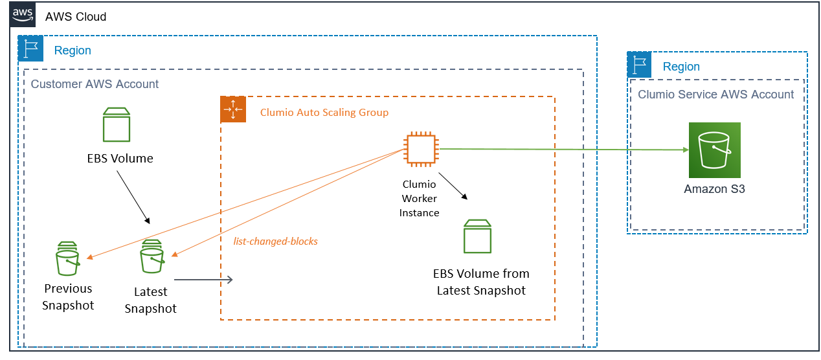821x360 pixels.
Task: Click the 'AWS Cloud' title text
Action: (76, 17)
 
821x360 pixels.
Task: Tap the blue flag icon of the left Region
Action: (30, 49)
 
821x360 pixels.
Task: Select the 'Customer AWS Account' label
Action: (95, 84)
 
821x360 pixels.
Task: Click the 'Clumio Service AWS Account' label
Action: (715, 95)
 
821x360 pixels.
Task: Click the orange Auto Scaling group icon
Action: (233, 109)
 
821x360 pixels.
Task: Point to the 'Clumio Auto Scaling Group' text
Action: (324, 113)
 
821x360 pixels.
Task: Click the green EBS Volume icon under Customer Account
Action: (117, 125)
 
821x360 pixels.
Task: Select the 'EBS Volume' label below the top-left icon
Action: (120, 159)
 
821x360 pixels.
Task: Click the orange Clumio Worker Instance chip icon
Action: (420, 149)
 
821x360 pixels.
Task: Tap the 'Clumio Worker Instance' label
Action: (419, 199)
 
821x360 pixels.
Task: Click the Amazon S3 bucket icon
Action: (714, 150)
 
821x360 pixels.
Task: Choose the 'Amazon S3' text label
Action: (714, 189)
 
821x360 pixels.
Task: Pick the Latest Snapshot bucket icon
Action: (152, 257)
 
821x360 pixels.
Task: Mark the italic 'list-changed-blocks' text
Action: (276, 241)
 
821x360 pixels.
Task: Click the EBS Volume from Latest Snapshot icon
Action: (478, 236)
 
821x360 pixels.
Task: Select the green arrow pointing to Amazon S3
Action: (563, 150)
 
